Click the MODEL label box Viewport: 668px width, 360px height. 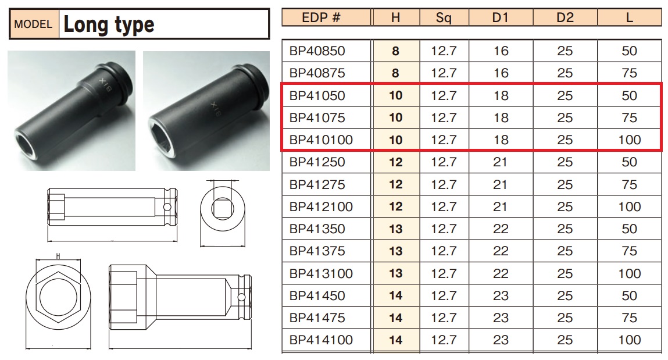click(34, 24)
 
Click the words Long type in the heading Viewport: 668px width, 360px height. click(109, 24)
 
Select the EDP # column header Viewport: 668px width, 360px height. click(321, 17)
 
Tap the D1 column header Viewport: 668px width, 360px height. click(500, 17)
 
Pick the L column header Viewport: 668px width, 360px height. click(629, 17)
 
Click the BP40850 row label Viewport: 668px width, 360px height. click(317, 51)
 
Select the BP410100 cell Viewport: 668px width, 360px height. click(321, 140)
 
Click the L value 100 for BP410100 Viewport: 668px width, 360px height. click(630, 140)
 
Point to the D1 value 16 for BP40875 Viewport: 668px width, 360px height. click(501, 73)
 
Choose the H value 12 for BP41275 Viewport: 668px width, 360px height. click(395, 184)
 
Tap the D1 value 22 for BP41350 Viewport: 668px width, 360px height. click(501, 229)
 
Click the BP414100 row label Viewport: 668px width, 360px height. click(321, 340)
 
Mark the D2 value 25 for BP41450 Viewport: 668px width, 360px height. click(565, 295)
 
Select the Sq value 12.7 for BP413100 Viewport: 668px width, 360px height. click(444, 273)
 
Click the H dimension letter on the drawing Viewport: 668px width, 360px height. click(58, 256)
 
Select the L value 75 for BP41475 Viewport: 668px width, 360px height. click(629, 318)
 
